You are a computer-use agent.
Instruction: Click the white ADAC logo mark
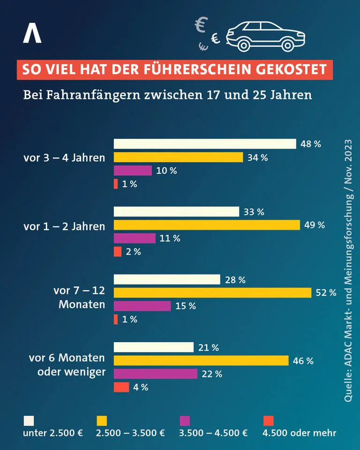click(x=32, y=33)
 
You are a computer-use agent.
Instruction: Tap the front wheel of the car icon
click(x=288, y=45)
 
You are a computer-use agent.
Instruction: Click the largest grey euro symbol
click(x=201, y=24)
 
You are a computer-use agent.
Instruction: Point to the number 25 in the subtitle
click(x=260, y=95)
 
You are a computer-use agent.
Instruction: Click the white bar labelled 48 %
click(x=205, y=144)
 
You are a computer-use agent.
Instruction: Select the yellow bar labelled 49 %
click(x=207, y=225)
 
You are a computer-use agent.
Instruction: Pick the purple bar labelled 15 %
click(x=142, y=306)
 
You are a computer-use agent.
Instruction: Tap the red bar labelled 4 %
click(x=121, y=387)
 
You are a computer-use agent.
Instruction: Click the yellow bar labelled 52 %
click(x=212, y=292)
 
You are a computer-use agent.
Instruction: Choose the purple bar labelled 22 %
click(x=156, y=374)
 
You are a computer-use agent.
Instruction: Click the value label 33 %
click(x=254, y=212)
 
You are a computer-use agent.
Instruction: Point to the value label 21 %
click(x=209, y=347)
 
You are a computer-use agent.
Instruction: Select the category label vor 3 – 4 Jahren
click(x=64, y=157)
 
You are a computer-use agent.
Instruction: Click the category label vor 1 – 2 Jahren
click(x=64, y=226)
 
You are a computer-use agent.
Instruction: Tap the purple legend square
click(x=185, y=421)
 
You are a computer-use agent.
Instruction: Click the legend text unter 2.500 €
click(x=53, y=433)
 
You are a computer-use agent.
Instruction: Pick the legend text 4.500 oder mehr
click(x=299, y=433)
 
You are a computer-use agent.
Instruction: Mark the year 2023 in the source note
click(x=348, y=150)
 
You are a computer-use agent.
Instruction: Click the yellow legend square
click(x=102, y=421)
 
